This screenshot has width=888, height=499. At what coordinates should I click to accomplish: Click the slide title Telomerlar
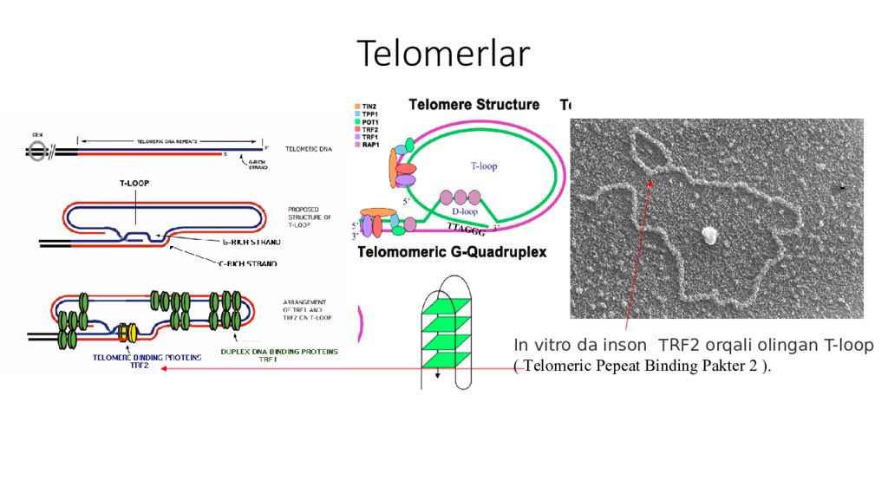coord(443,54)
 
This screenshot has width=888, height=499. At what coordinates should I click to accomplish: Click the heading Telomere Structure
coord(473,105)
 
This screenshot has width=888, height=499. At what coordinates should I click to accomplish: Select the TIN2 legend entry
coord(369,106)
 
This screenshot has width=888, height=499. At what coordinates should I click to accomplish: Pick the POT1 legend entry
coord(370,121)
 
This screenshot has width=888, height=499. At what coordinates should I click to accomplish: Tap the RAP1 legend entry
coord(370,145)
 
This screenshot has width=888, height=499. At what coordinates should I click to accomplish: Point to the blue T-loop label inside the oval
coord(484,165)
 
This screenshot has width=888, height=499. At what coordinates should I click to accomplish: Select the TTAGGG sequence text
coord(467,229)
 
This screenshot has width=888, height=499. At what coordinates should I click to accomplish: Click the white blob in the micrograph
coord(709,234)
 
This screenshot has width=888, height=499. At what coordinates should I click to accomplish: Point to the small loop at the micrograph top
coord(650,150)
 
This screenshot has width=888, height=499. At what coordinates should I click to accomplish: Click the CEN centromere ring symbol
coord(36,151)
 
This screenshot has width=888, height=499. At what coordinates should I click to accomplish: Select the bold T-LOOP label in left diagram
coord(137,184)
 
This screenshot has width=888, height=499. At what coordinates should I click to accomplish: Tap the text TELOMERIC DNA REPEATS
coord(168,141)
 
